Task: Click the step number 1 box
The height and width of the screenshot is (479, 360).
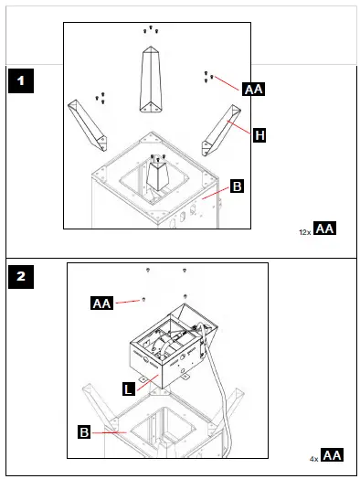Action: (20, 81)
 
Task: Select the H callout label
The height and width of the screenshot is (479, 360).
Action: (259, 135)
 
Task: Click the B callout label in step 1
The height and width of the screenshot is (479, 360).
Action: (237, 186)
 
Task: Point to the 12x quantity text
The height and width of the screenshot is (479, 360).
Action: (305, 232)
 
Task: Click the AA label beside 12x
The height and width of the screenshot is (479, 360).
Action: (325, 229)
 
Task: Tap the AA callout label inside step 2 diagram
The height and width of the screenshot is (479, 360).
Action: (101, 303)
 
